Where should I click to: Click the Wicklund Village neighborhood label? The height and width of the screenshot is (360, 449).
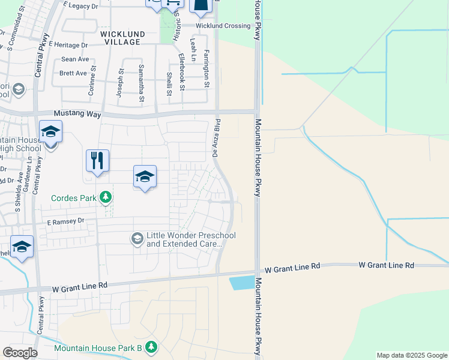(x=120, y=38)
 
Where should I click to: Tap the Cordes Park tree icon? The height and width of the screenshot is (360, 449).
(x=106, y=197)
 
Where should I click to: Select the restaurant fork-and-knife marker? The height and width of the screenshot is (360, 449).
(x=97, y=161)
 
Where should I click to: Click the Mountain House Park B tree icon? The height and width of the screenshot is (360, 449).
(x=151, y=347)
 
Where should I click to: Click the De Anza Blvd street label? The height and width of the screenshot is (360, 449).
(x=215, y=140)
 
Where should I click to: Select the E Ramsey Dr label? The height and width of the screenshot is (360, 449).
(x=67, y=221)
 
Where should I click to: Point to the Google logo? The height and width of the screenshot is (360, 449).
(x=20, y=353)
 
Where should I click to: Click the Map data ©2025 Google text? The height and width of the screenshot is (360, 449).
(x=411, y=355)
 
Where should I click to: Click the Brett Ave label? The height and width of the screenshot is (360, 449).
(x=73, y=73)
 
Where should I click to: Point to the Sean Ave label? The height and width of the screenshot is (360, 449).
(x=75, y=59)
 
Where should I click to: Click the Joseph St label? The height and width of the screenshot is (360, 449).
(x=121, y=79)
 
